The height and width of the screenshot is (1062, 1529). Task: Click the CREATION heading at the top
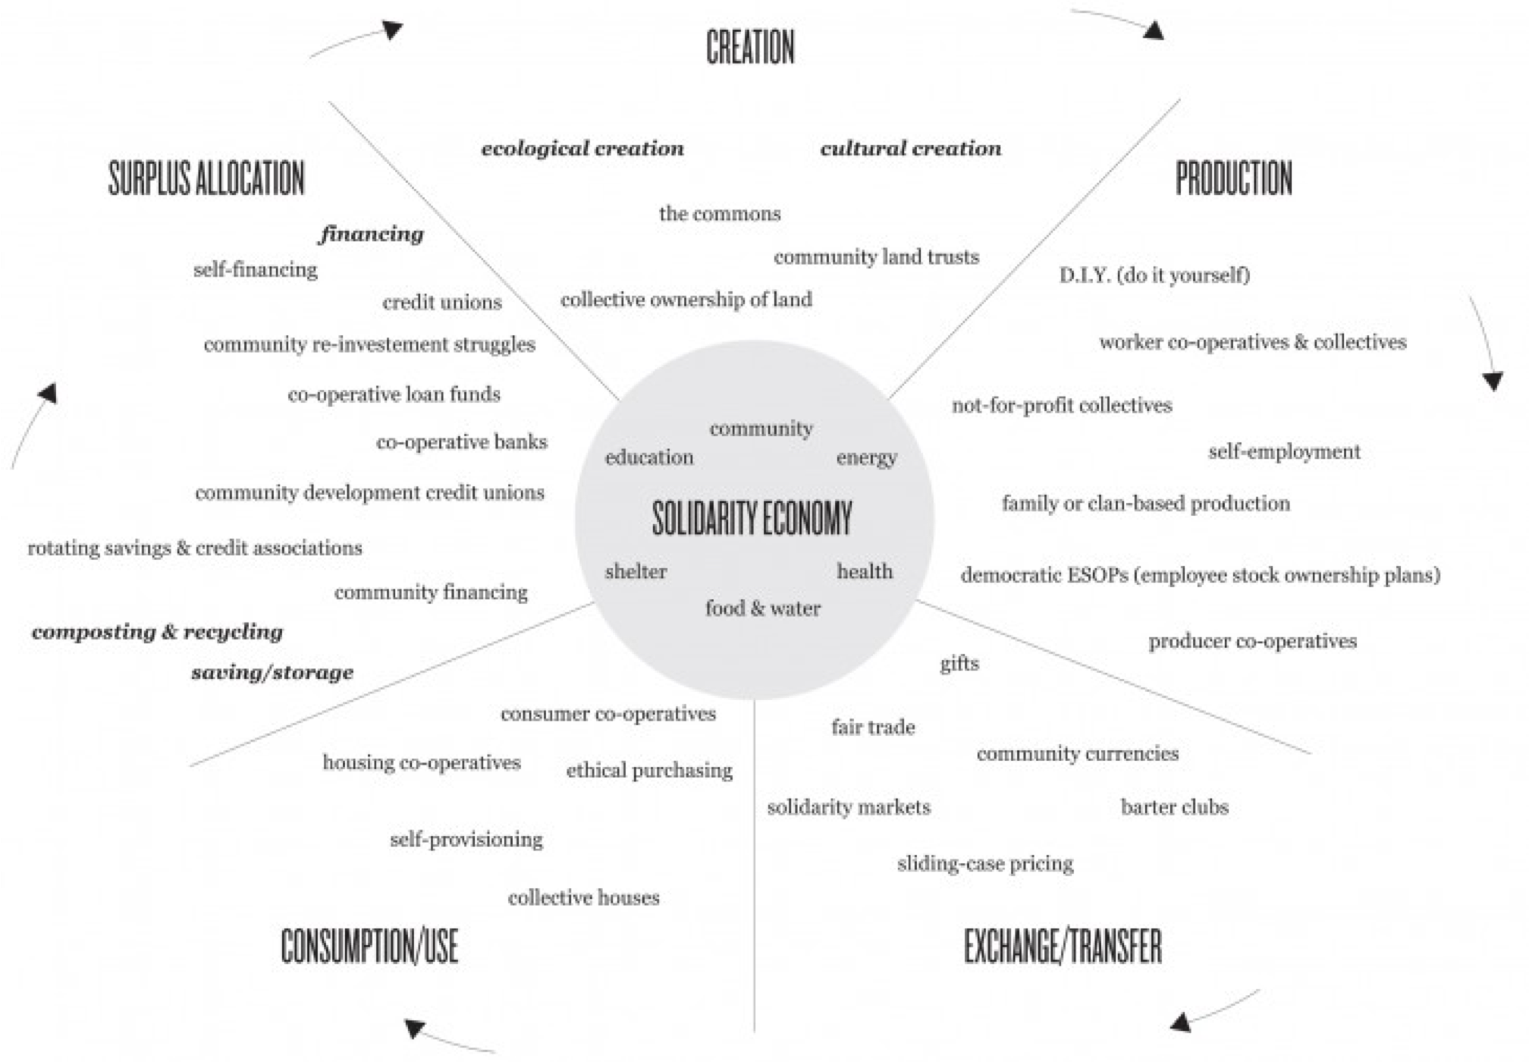[750, 47]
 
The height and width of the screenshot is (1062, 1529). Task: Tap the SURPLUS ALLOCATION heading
[206, 178]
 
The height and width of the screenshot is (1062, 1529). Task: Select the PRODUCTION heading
[1234, 178]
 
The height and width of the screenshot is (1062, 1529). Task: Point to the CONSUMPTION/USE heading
[369, 946]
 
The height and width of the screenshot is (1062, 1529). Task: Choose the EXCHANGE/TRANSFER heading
[1063, 946]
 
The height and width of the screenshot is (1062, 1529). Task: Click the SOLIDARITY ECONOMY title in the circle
[752, 518]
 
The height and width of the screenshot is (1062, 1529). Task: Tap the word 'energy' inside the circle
[866, 458]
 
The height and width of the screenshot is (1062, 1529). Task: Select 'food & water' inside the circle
[763, 608]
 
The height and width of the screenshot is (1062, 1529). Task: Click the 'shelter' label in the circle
[636, 571]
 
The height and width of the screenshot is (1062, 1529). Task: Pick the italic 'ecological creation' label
[582, 148]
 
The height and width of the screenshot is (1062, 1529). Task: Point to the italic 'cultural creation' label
[911, 148]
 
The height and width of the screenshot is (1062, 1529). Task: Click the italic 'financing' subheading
[371, 234]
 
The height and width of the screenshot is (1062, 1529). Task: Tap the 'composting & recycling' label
[157, 632]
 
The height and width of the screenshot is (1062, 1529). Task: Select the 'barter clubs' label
[1175, 806]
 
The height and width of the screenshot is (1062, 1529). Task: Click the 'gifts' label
[959, 664]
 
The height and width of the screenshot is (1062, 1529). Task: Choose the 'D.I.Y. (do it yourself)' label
[1154, 275]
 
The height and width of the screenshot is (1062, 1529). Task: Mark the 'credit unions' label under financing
[442, 302]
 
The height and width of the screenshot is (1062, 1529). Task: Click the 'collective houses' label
[584, 897]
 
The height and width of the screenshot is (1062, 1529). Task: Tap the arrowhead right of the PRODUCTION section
[1493, 382]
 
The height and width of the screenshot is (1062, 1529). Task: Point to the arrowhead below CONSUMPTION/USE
[414, 1029]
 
